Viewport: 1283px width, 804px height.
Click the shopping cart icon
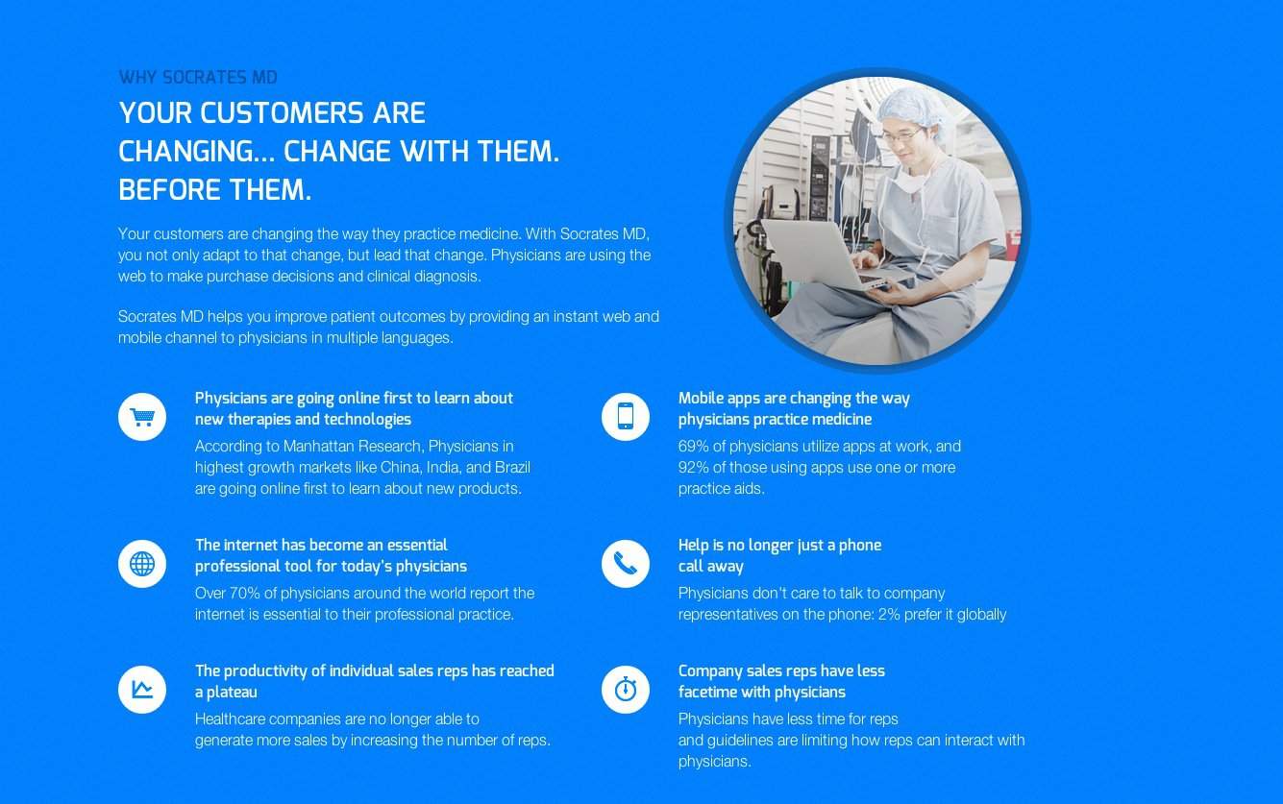coord(142,417)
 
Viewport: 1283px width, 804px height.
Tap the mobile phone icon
coord(626,417)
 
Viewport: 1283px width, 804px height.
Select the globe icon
coord(142,564)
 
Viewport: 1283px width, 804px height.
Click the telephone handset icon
coord(626,564)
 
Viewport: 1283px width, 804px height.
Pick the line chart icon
coord(142,690)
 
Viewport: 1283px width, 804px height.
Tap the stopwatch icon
coord(626,690)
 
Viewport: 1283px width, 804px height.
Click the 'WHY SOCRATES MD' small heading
coord(198,77)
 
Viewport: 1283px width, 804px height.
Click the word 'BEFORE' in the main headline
coord(169,190)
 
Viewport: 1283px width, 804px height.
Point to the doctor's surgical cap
coord(912,109)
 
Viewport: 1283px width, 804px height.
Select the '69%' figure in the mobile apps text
coord(693,446)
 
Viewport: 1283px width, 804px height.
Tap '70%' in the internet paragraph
coord(244,594)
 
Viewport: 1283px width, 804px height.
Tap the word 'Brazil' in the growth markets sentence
coord(512,467)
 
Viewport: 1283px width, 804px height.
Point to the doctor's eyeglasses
coord(902,135)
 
